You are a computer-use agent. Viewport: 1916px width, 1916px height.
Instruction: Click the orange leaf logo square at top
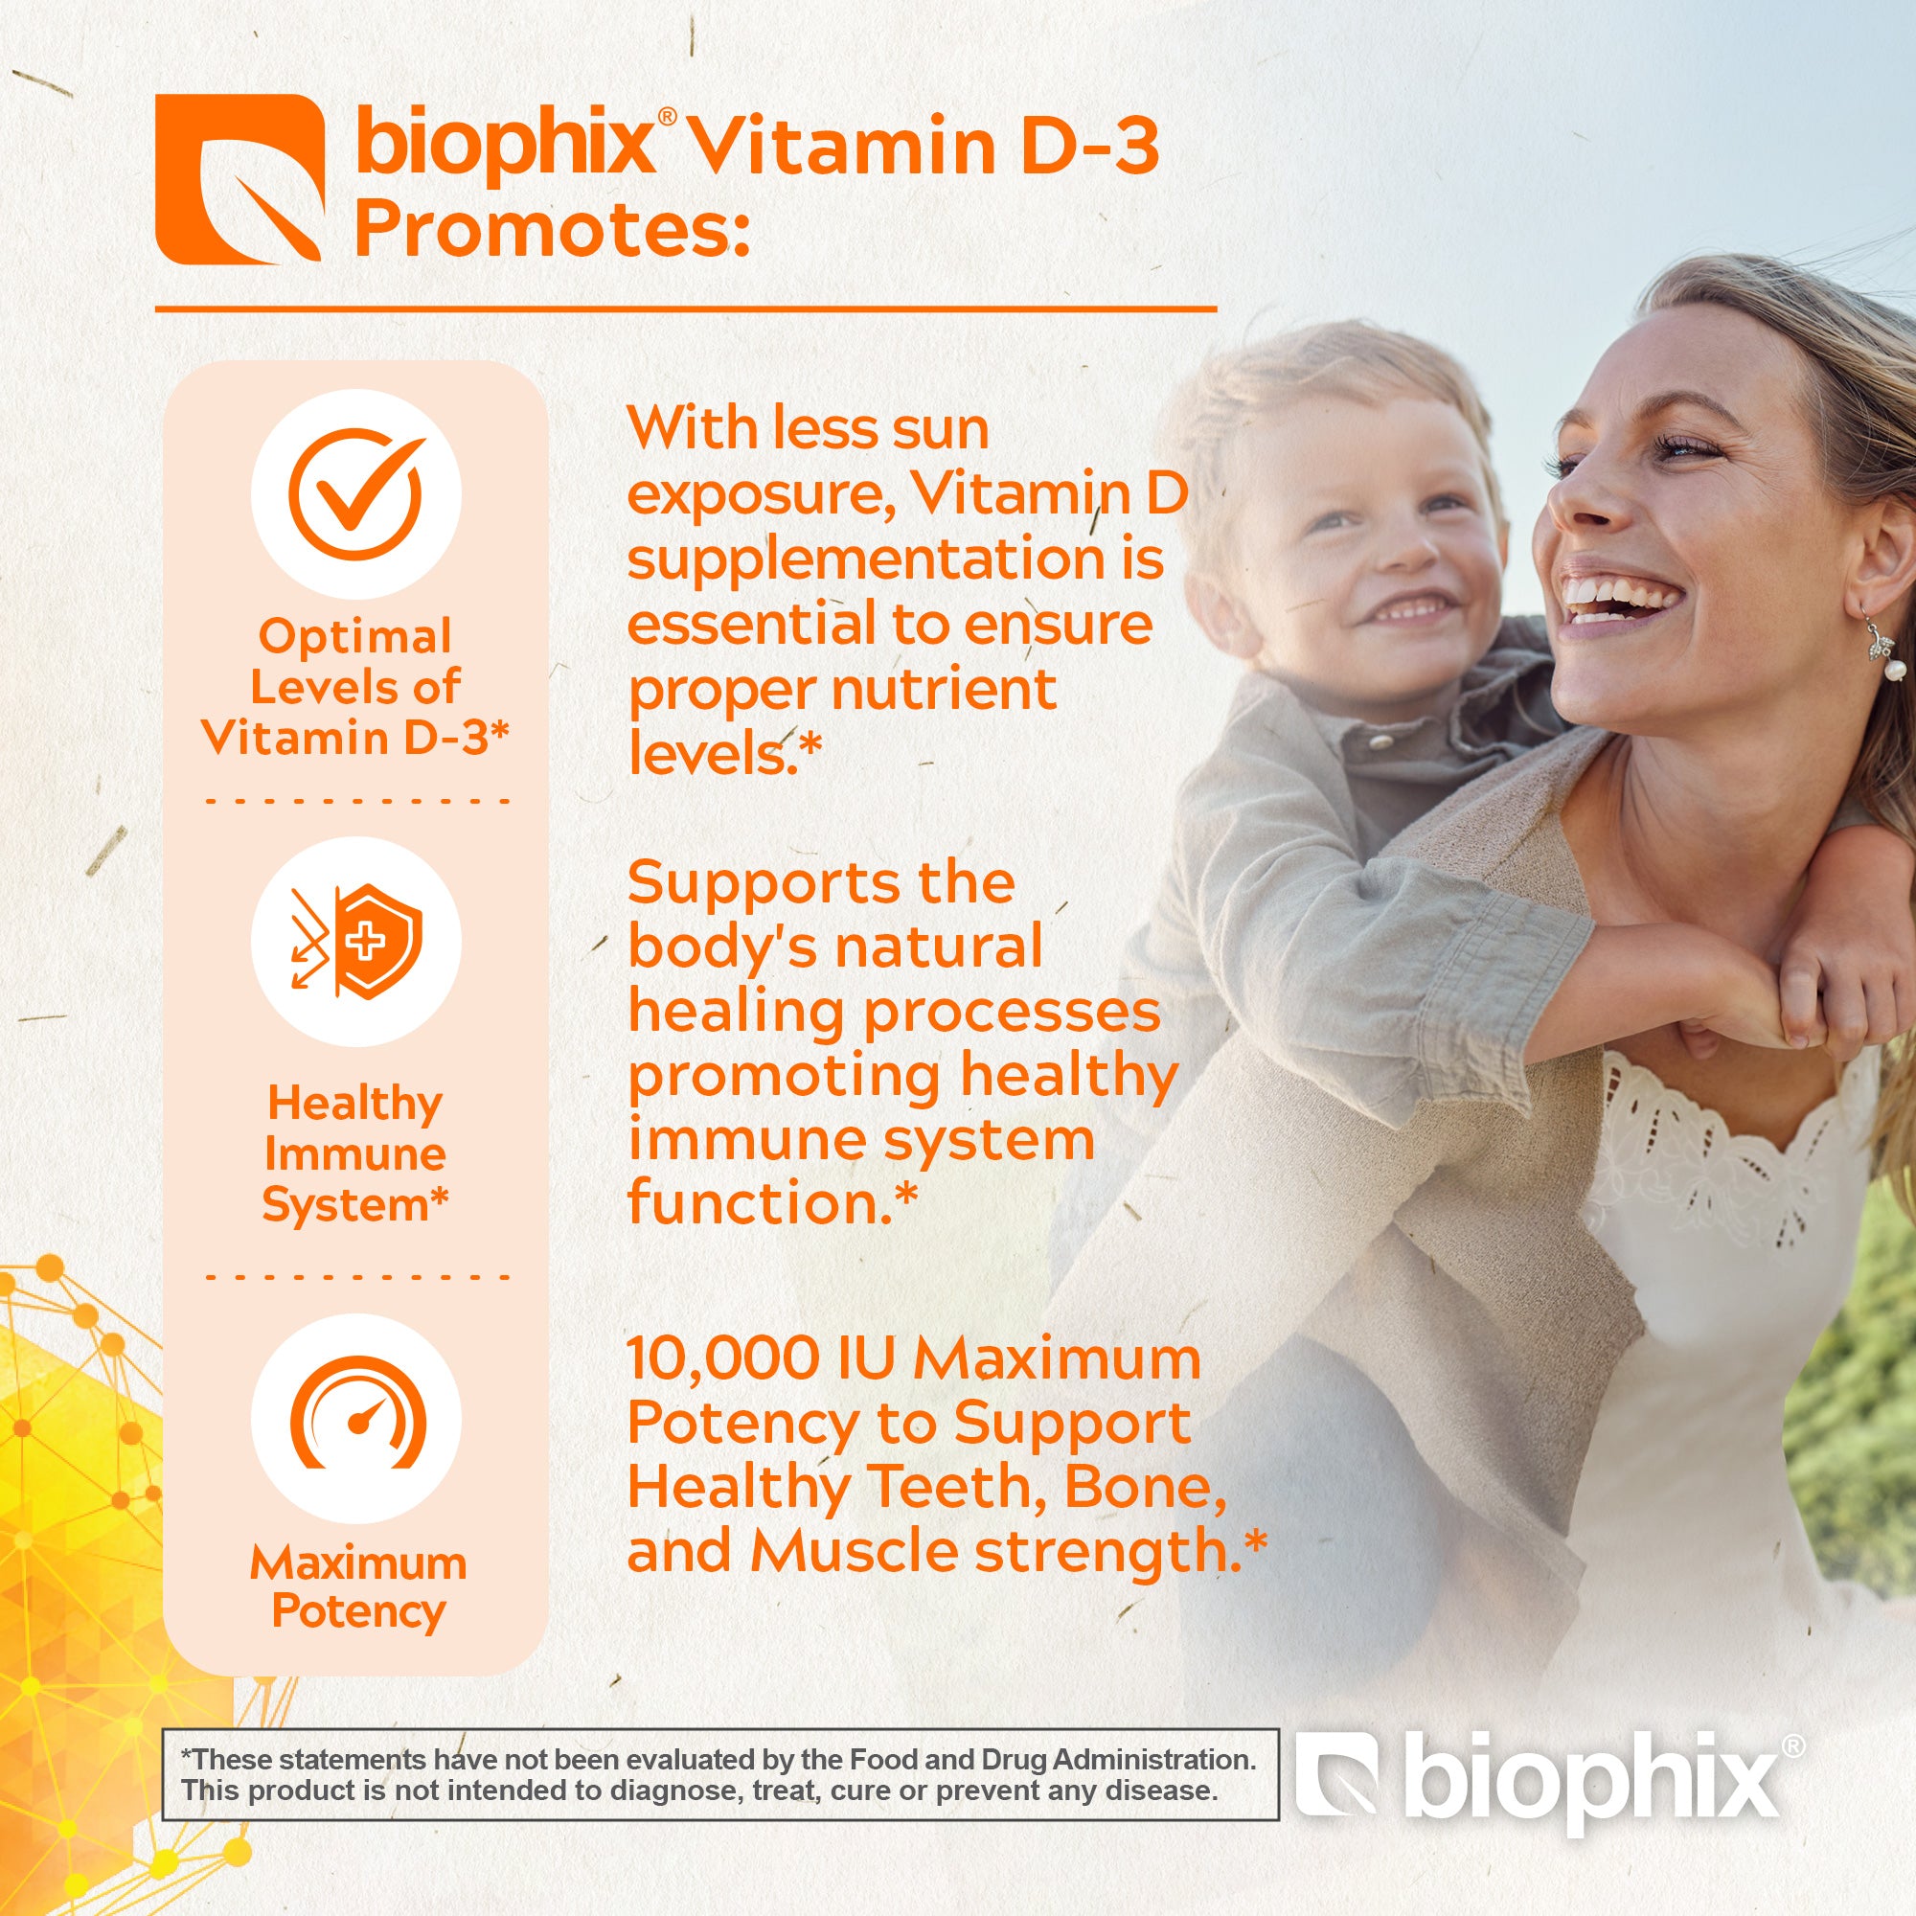pos(240,179)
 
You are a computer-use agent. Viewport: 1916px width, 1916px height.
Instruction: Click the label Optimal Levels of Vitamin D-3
pos(355,687)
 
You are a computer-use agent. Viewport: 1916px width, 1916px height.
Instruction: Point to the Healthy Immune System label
pos(355,1153)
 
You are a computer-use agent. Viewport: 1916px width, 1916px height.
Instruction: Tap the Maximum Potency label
pos(358,1587)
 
